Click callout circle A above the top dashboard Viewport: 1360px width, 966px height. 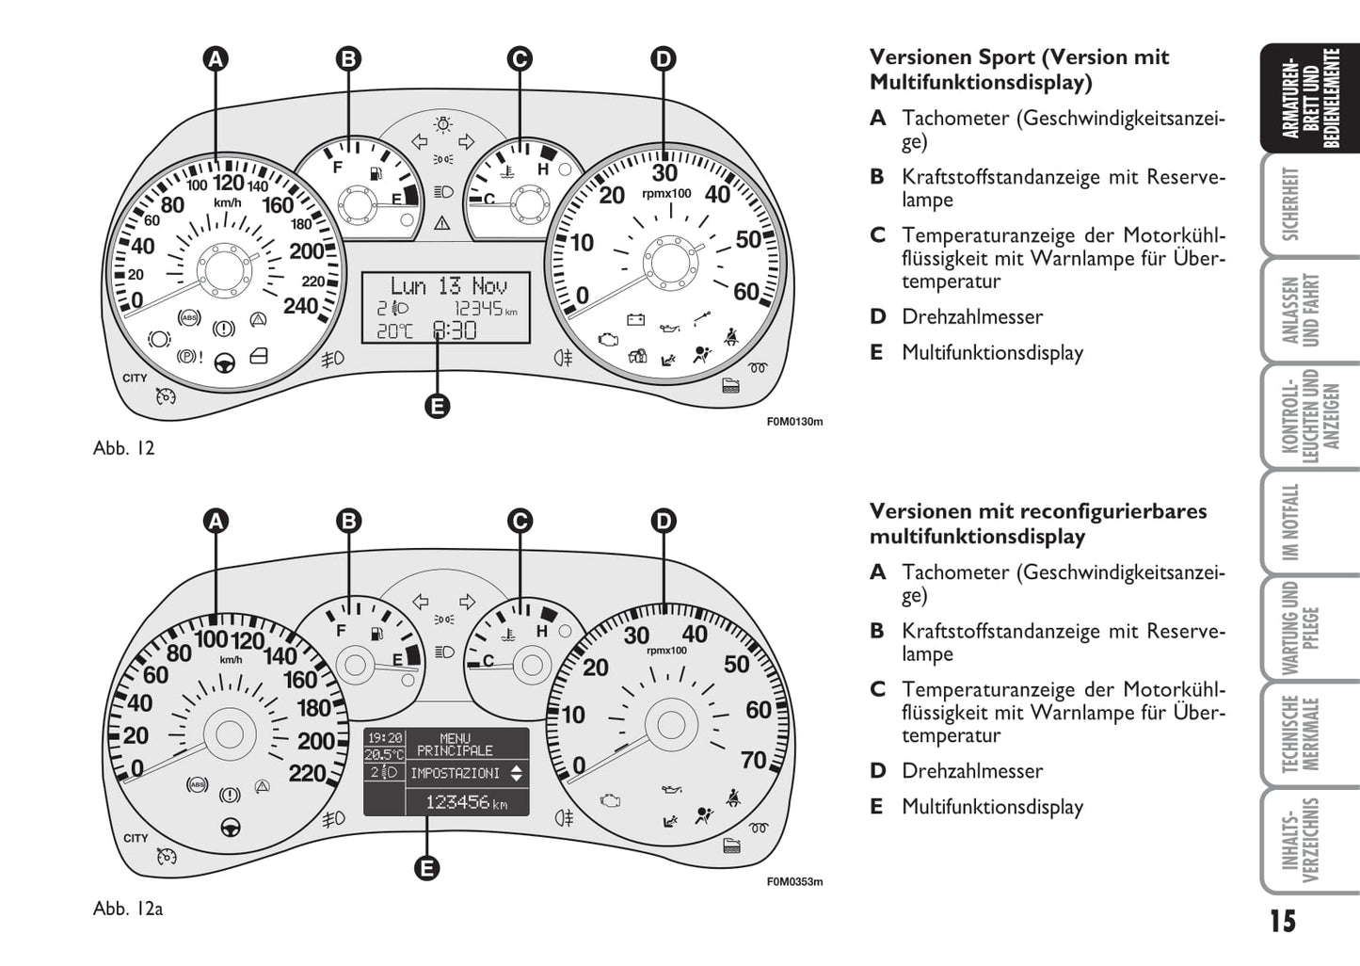point(216,59)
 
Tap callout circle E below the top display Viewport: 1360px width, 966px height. point(437,406)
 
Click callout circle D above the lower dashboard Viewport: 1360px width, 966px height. point(664,521)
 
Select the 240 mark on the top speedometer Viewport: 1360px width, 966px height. point(301,305)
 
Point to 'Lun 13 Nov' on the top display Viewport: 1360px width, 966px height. point(448,285)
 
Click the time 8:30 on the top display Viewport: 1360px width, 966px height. point(455,330)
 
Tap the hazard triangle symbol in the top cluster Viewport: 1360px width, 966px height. point(442,223)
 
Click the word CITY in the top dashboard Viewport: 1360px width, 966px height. point(136,378)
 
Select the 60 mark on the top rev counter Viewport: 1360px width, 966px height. point(746,292)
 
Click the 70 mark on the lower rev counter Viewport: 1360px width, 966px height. point(754,759)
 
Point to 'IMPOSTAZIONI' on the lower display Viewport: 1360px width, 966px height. point(455,773)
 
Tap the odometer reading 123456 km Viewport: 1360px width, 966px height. point(466,802)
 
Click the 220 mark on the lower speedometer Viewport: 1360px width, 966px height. point(307,773)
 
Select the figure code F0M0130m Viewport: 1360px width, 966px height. point(794,422)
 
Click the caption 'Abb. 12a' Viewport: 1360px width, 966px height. point(128,909)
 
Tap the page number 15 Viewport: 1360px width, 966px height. point(1282,921)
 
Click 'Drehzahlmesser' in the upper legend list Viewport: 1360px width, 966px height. point(972,316)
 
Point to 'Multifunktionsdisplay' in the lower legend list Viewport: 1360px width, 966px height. point(992,806)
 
